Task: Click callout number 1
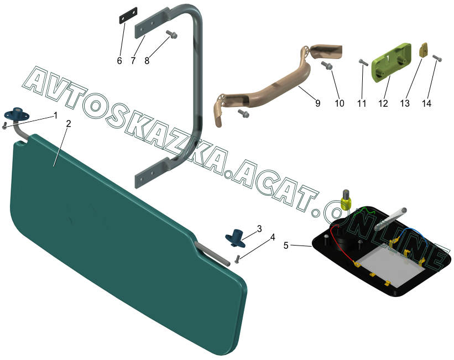tap(55, 115)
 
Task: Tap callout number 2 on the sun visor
tap(68, 124)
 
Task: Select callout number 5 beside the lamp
tap(286, 246)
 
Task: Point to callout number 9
tap(317, 103)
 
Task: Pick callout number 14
tap(441, 103)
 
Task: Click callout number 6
tap(119, 61)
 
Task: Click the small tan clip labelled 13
tap(424, 50)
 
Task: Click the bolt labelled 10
tap(327, 66)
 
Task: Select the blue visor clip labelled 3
tap(236, 236)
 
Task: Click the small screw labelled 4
tap(237, 259)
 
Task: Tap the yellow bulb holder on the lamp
tap(346, 200)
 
